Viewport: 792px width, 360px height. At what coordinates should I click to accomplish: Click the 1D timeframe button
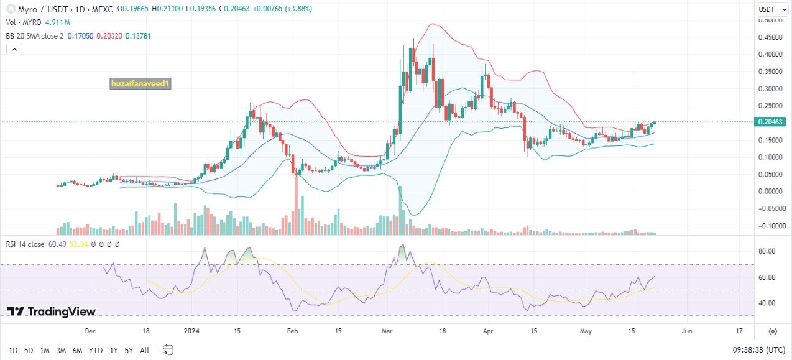pos(12,350)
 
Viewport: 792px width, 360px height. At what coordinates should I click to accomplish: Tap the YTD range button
pos(95,350)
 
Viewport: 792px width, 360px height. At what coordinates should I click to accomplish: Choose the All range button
pos(144,350)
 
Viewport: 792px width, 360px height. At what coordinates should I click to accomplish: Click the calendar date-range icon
pos(168,349)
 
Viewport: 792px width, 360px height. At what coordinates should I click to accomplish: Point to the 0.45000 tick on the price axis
pos(770,37)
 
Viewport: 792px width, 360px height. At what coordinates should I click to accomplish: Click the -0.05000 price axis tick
pos(769,208)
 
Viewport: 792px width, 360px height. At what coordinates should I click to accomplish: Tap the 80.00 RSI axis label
pos(768,251)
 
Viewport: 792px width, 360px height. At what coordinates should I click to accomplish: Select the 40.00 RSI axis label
pos(768,303)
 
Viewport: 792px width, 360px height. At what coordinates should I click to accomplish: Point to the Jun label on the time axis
pos(687,331)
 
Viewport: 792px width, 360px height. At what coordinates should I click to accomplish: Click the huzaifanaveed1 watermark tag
pos(140,83)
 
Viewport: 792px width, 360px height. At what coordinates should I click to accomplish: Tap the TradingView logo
pos(52,312)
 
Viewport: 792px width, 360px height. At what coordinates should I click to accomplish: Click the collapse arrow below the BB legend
pos(14,50)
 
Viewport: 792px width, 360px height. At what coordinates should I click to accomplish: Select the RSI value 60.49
pos(57,244)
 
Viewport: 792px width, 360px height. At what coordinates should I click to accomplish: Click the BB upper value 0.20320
pos(109,36)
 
